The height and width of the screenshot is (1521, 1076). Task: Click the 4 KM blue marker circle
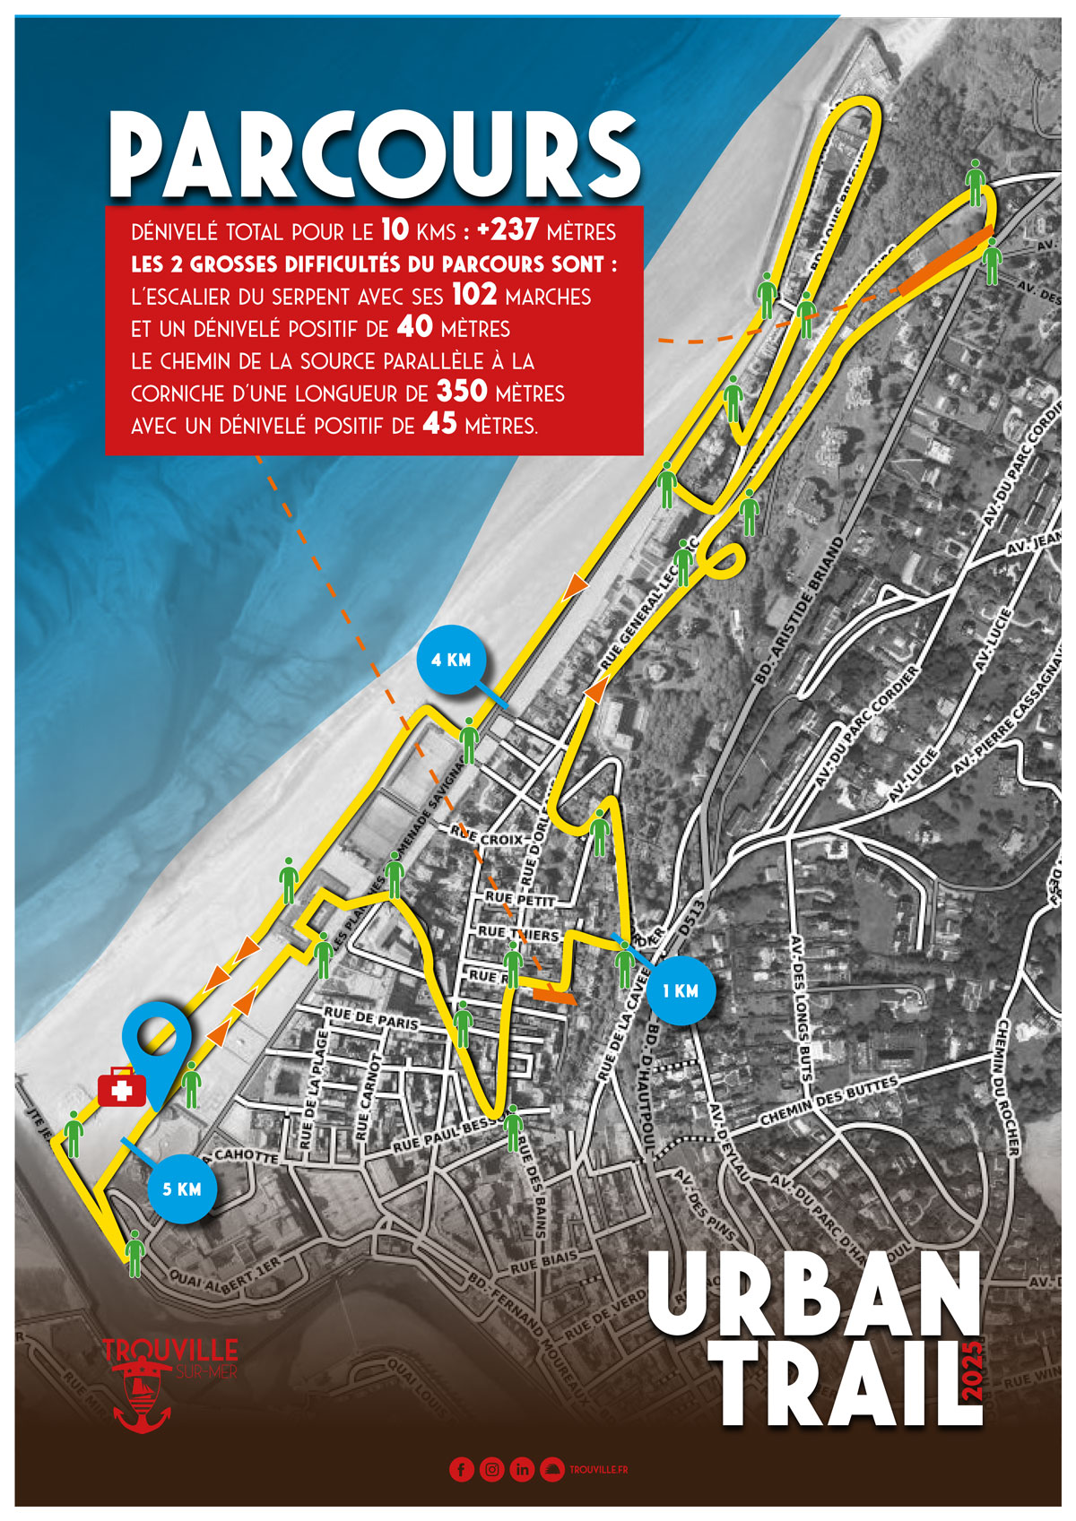(x=451, y=660)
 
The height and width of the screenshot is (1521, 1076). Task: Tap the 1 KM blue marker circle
(x=681, y=990)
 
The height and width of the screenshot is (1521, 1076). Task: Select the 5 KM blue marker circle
(x=182, y=1189)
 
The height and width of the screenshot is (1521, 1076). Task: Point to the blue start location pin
(x=158, y=1040)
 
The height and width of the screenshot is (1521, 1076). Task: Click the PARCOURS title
(x=375, y=154)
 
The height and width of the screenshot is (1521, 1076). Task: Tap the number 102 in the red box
(x=474, y=295)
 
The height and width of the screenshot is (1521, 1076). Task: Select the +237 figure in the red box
(x=508, y=230)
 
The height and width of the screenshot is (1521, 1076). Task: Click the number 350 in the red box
(x=462, y=393)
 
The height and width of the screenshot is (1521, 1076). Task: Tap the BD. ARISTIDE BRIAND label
(x=801, y=612)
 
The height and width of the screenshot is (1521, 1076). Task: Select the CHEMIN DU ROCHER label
(x=1009, y=1087)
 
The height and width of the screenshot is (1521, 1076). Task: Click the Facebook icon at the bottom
(x=461, y=1469)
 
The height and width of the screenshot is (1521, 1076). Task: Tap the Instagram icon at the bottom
(x=491, y=1469)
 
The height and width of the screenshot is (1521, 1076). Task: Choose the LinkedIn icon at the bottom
(x=522, y=1469)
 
